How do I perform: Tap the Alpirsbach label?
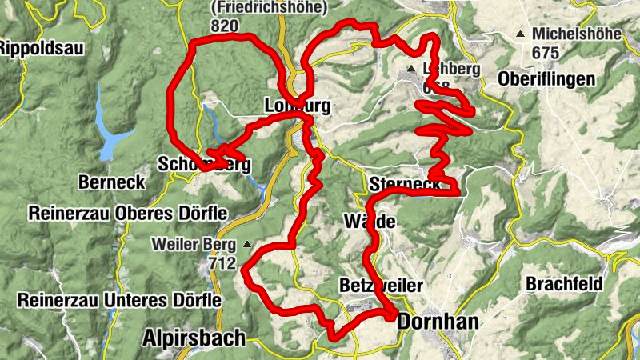tap(194, 338)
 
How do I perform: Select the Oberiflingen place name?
tap(546, 79)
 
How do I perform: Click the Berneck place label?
tap(112, 182)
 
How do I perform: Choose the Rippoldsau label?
tap(40, 48)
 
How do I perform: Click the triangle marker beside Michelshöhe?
tap(522, 34)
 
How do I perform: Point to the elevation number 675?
tap(546, 52)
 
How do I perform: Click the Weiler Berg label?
tap(197, 244)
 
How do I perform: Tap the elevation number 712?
tap(222, 262)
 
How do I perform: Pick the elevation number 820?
tap(226, 26)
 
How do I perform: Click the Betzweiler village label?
tap(381, 286)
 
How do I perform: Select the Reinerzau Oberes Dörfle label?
tap(128, 214)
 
